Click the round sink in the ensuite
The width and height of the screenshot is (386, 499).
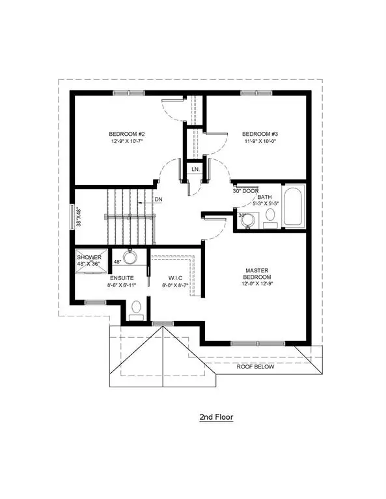130,258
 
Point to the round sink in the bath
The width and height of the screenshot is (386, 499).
247,222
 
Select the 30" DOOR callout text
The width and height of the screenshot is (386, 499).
245,190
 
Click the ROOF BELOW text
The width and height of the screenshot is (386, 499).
256,366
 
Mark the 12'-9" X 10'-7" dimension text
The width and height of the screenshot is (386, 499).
122,146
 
